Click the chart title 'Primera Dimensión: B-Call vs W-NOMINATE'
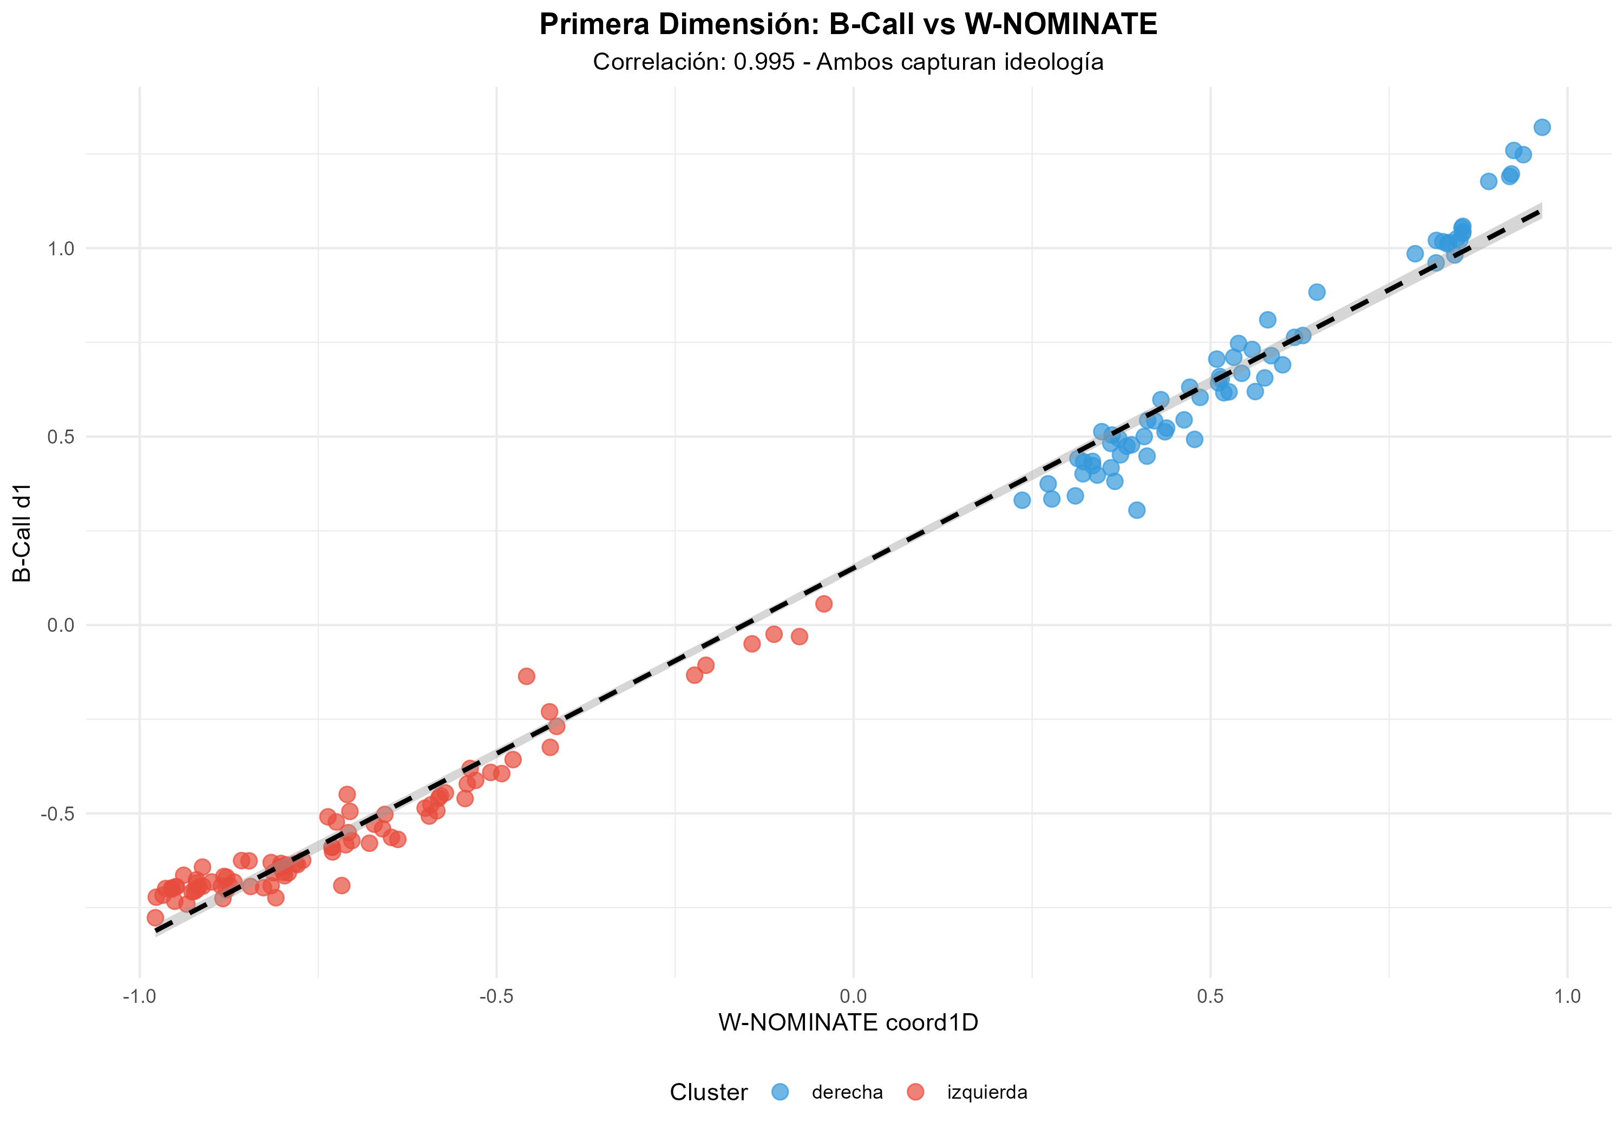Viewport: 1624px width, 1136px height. [847, 25]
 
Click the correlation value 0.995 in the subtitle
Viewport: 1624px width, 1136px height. [764, 62]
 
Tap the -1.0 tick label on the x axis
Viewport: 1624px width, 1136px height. [139, 997]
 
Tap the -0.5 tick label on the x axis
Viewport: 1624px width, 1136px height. [496, 997]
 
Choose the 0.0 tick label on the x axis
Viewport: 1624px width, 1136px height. [853, 997]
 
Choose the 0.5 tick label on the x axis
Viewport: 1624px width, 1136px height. [1210, 997]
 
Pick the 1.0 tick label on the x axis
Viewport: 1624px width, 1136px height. [1567, 997]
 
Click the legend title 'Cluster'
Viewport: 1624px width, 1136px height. [708, 1092]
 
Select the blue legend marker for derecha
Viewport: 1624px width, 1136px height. [780, 1092]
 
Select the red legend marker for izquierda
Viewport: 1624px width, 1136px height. [915, 1092]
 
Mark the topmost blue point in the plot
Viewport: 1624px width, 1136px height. [1542, 127]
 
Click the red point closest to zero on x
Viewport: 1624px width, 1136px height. [823, 604]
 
